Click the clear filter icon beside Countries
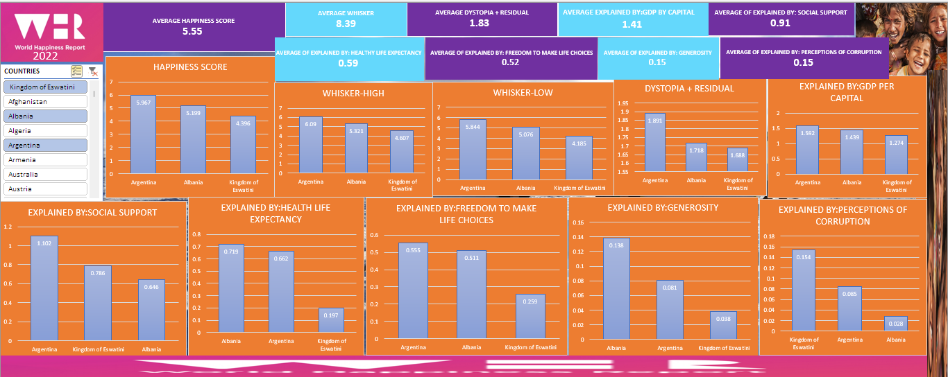pyautogui.click(x=93, y=71)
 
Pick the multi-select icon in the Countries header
pyautogui.click(x=77, y=71)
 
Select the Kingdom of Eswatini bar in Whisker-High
pyautogui.click(x=401, y=152)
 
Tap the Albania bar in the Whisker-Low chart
pyautogui.click(x=526, y=153)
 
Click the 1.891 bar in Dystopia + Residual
pyautogui.click(x=654, y=142)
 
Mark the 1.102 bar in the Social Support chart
pyautogui.click(x=43, y=287)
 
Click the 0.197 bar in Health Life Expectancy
pyautogui.click(x=331, y=320)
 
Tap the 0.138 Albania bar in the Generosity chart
pyautogui.click(x=616, y=288)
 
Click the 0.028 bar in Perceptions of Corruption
pyautogui.click(x=895, y=326)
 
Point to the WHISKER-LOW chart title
pyautogui.click(x=523, y=93)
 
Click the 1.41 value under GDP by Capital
pyautogui.click(x=632, y=24)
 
